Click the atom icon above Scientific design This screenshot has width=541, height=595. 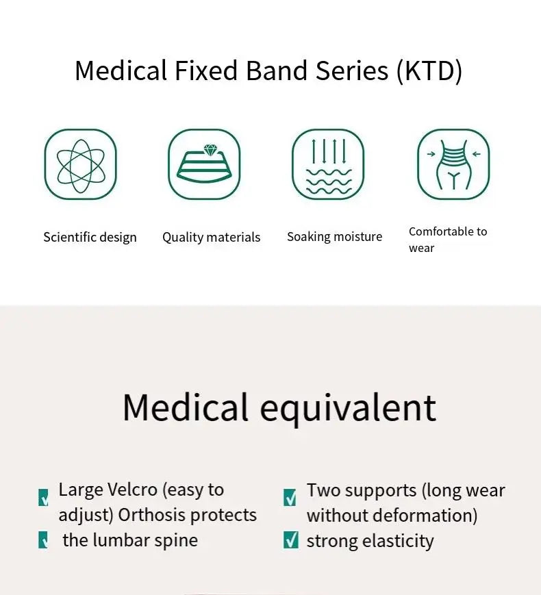coord(81,164)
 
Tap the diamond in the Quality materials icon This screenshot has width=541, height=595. coord(210,150)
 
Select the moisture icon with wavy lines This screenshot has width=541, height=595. coord(328,164)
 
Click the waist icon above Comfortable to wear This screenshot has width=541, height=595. coord(453,164)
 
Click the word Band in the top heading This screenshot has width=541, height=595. coord(277,71)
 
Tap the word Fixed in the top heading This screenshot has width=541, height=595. coord(206,71)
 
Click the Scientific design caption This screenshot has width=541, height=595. coord(90,237)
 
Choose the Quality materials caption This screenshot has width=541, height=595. coord(211,237)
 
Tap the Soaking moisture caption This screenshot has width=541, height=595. coord(334,237)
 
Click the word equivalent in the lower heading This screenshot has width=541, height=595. coord(348,408)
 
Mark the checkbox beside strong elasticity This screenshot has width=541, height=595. coord(291,540)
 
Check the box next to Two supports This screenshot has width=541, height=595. coord(290,498)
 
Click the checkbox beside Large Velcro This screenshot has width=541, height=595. coord(43,498)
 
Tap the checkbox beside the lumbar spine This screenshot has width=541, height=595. coord(43,540)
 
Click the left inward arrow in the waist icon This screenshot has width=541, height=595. coord(431,153)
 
